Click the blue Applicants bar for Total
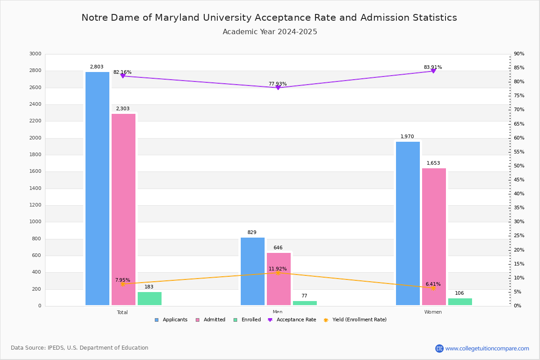97,189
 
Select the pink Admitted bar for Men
279,279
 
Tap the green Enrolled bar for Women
460,302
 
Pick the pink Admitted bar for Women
434,237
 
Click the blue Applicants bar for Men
252,271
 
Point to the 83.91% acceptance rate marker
433,71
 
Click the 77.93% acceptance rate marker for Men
278,88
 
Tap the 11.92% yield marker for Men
278,273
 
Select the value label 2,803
96,67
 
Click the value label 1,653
433,163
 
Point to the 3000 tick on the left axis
35,54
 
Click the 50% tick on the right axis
519,166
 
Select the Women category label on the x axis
433,312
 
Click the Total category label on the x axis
122,312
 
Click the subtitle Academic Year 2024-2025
270,32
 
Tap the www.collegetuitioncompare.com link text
487,348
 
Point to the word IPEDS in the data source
56,348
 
